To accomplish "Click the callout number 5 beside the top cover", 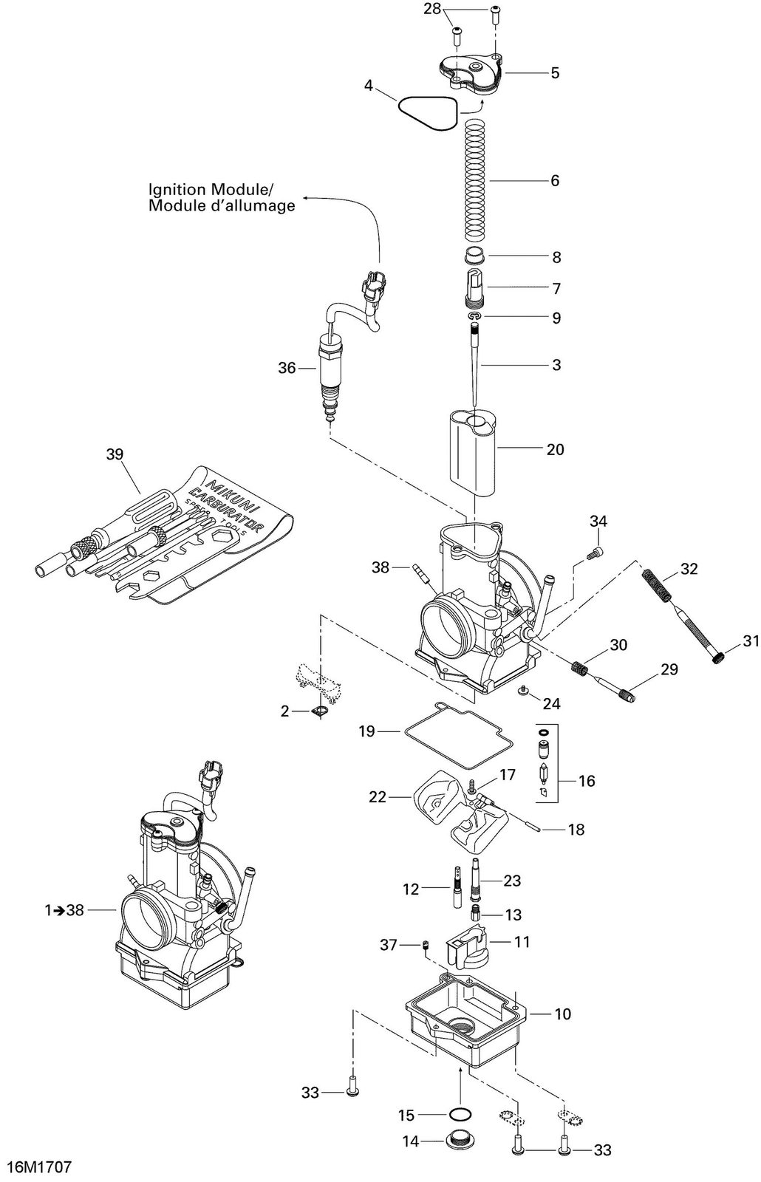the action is [x=555, y=73].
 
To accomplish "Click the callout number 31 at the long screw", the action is [x=750, y=641].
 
